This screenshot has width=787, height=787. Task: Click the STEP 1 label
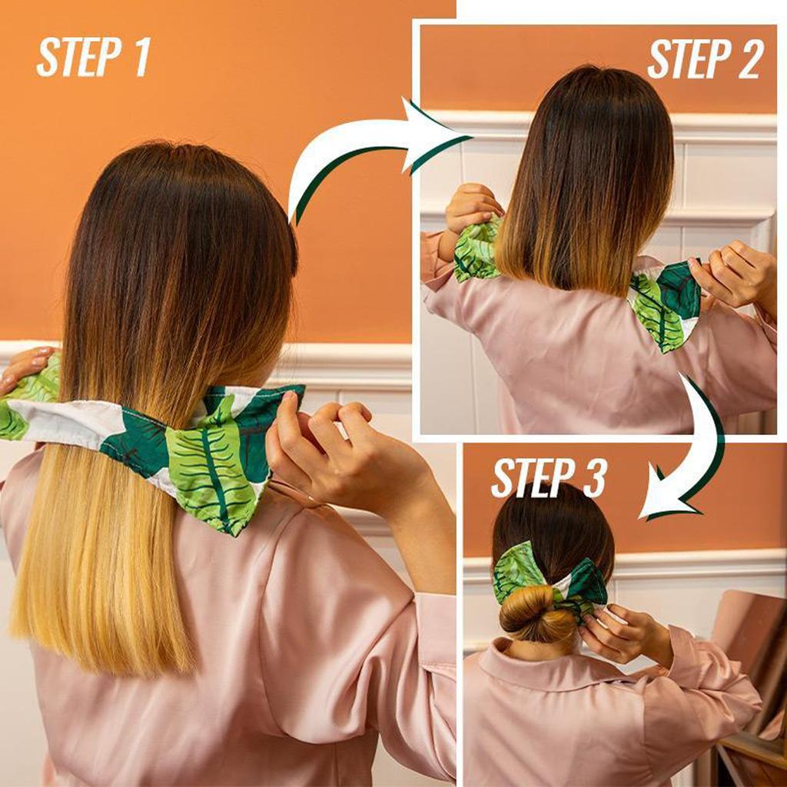click(93, 57)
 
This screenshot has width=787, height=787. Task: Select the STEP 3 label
click(549, 478)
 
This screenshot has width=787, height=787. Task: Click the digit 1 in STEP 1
click(142, 57)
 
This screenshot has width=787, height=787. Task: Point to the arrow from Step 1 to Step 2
click(369, 154)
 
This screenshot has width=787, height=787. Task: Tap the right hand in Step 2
click(734, 273)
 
